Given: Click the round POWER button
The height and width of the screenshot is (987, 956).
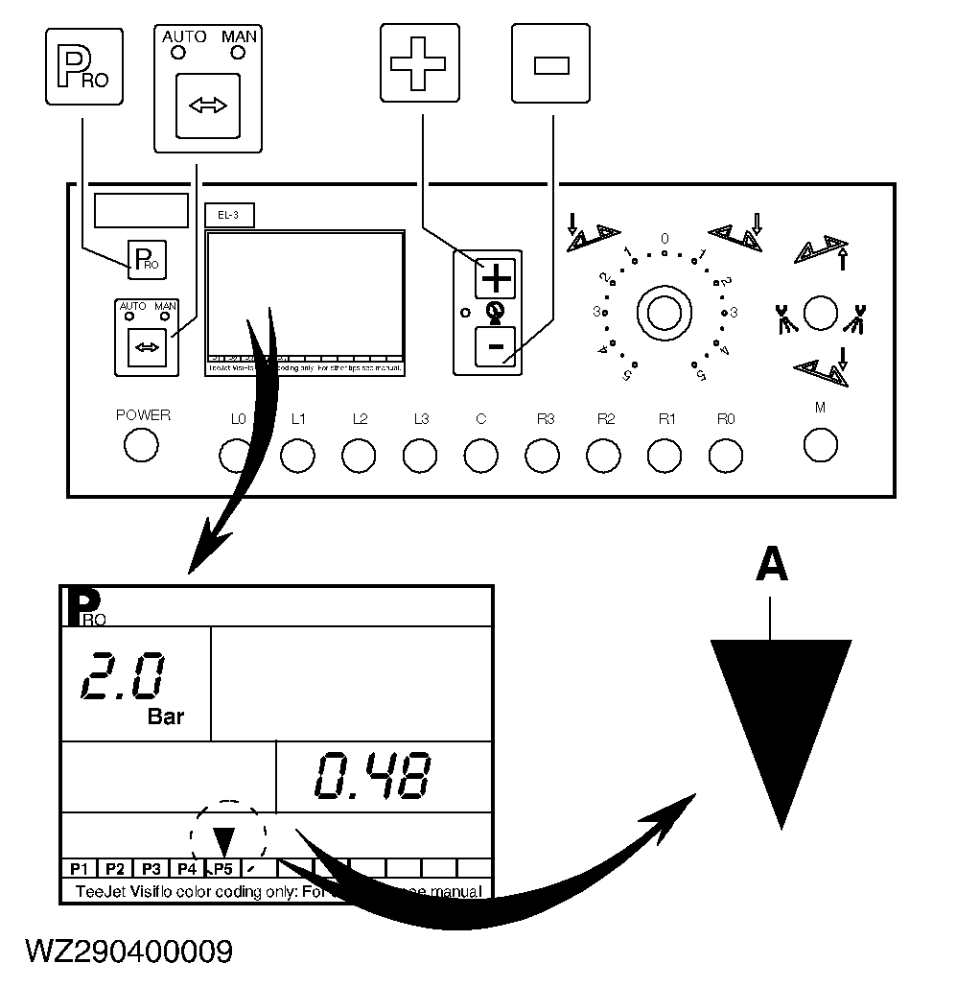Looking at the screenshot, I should (x=141, y=445).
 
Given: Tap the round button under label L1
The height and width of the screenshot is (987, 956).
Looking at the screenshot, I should (x=297, y=456).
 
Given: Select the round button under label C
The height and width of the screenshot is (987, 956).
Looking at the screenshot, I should (x=480, y=456).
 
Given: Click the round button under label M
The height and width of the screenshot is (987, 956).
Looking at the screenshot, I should (x=820, y=444).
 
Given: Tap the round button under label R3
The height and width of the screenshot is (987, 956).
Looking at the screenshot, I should (x=543, y=456).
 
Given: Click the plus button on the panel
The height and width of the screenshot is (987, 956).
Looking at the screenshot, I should (x=496, y=279).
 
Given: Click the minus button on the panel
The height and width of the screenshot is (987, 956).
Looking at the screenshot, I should (x=496, y=346).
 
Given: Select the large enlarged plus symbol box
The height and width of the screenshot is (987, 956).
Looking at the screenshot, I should (x=420, y=62).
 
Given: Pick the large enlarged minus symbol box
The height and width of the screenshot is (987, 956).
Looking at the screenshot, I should (x=550, y=63).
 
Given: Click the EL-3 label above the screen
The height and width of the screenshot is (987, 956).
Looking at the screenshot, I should (x=229, y=216).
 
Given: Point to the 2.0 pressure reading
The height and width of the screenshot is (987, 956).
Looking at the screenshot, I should (x=124, y=679).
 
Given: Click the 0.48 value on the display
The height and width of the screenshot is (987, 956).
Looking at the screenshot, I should (x=373, y=776).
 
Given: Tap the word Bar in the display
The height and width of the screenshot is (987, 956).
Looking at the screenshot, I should (x=166, y=717).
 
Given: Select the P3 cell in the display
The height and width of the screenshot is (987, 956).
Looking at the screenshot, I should (x=151, y=869).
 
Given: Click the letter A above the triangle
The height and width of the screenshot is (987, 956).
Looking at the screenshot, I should (x=772, y=566).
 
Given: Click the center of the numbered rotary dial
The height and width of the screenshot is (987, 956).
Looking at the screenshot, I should (x=664, y=312).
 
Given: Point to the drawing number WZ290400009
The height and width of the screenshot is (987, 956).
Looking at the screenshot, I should (x=128, y=952).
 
